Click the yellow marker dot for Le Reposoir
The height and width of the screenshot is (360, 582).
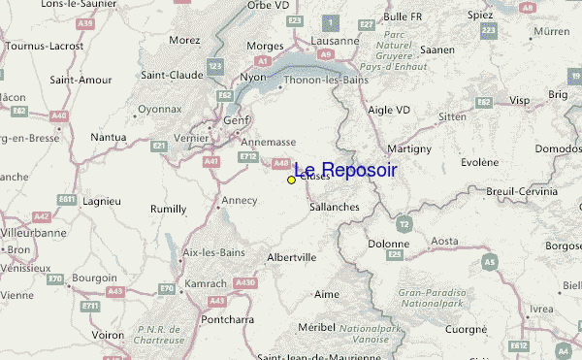[x=291, y=180]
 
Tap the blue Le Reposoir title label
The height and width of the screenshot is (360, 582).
[x=345, y=170]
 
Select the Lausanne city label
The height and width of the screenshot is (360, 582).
[x=335, y=42]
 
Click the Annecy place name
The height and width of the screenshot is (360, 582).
[x=240, y=201]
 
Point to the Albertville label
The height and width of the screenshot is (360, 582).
[x=291, y=258]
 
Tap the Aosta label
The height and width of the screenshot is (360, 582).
[x=444, y=241]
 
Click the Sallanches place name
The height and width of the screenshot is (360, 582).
[x=335, y=207]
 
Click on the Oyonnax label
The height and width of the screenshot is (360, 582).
[x=159, y=110]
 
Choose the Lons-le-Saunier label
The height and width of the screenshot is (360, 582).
[x=58, y=5]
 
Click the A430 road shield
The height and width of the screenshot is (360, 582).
[x=245, y=282]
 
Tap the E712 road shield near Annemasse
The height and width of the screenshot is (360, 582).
[x=248, y=156]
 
